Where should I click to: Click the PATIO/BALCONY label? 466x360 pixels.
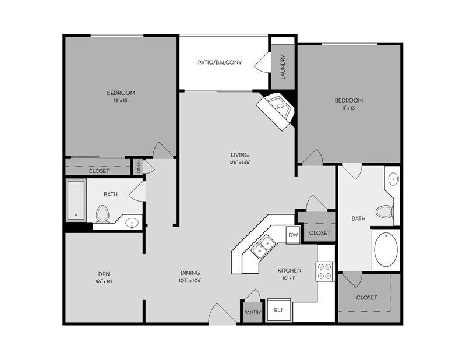point(220,62)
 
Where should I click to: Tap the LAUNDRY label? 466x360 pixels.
point(283,67)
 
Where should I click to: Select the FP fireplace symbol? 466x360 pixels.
point(280,108)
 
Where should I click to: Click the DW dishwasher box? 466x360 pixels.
point(293,235)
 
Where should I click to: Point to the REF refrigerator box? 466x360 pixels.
point(279,310)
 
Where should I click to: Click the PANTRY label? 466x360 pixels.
point(253,312)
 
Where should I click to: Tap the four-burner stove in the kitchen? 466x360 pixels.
point(324,271)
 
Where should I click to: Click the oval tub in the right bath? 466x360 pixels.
point(385,249)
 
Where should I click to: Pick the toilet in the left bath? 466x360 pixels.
point(103,214)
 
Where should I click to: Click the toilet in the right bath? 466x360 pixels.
point(384,211)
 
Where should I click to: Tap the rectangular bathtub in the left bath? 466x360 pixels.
point(76,200)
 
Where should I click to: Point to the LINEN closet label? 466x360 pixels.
point(138,167)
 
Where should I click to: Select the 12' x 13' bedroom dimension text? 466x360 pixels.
point(121,101)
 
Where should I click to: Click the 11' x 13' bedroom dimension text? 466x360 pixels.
point(348,108)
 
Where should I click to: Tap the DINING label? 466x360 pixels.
point(190,273)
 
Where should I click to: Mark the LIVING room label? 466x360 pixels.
point(240,154)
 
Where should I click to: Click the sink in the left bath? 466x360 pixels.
point(132,222)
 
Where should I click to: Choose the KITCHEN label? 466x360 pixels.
point(289,270)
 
